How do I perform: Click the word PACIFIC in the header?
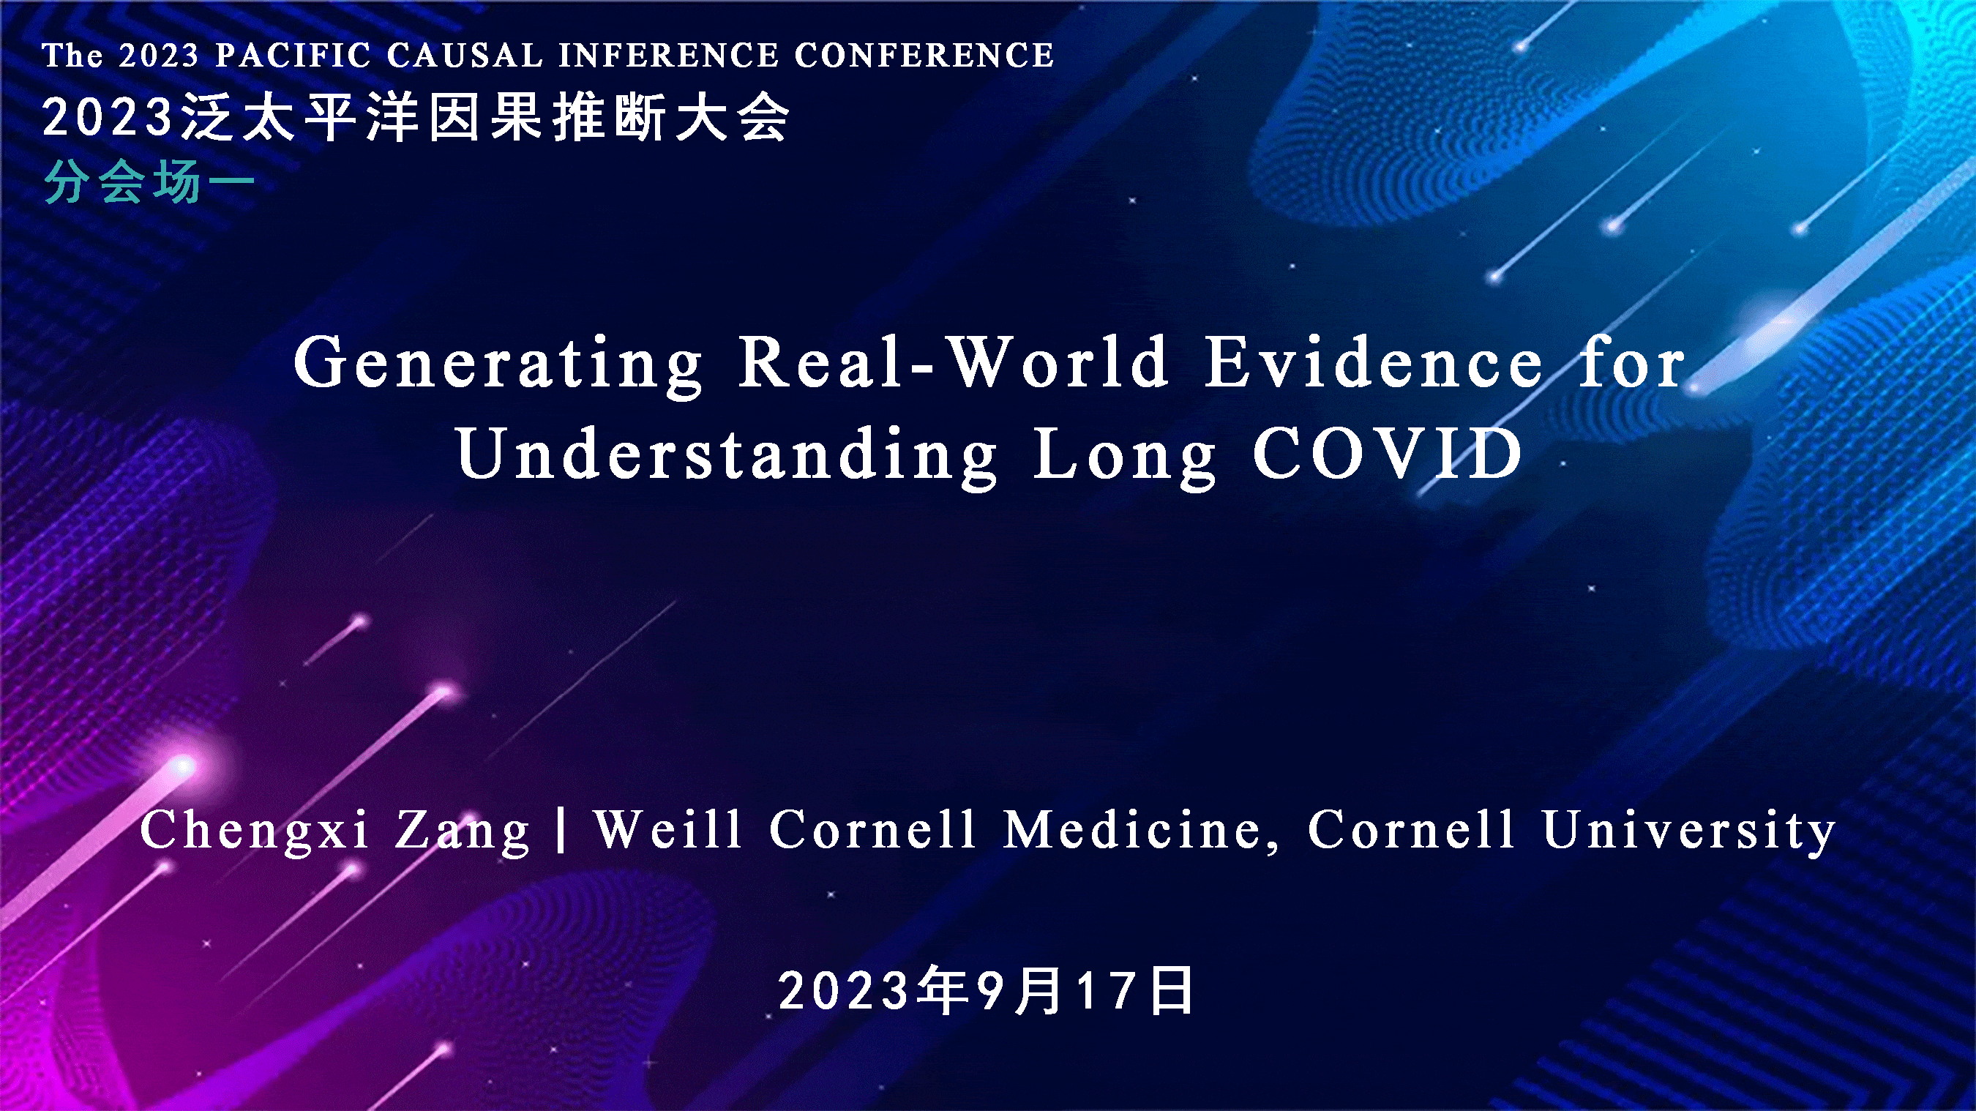[x=293, y=55]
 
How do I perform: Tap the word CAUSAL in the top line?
[x=465, y=55]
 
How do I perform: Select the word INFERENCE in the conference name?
[x=668, y=55]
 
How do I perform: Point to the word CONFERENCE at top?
[x=924, y=55]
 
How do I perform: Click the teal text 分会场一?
[x=149, y=184]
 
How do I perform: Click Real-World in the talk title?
[x=954, y=362]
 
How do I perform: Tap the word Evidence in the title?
[x=1374, y=362]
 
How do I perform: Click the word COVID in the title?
[x=1388, y=453]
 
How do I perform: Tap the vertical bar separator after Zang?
[x=562, y=830]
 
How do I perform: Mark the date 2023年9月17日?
[x=987, y=990]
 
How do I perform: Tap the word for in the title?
[x=1632, y=362]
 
